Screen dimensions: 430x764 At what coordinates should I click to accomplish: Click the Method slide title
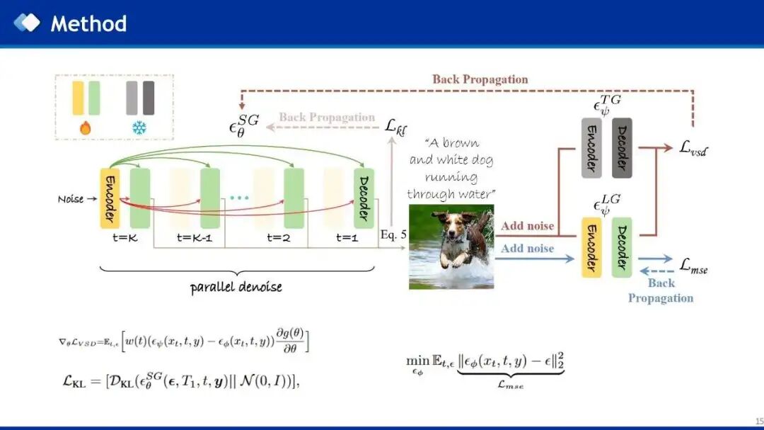click(x=88, y=23)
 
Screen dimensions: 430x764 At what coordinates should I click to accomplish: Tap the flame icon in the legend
click(x=86, y=128)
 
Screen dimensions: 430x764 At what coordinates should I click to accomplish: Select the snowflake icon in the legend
click(x=139, y=128)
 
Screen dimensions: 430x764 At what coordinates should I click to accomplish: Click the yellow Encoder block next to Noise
click(x=110, y=198)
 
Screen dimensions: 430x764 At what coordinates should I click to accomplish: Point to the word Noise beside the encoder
click(x=71, y=199)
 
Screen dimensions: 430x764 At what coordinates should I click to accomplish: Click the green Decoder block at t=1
click(x=364, y=198)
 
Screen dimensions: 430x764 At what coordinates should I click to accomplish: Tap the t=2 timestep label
click(x=278, y=238)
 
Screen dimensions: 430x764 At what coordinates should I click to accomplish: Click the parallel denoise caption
click(x=236, y=288)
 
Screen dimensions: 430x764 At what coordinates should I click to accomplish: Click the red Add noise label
click(x=527, y=226)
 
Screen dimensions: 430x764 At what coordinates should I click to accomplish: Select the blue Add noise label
click(x=527, y=249)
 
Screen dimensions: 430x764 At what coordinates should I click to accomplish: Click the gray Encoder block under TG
click(x=591, y=148)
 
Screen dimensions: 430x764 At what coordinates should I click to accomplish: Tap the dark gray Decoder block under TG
click(x=622, y=148)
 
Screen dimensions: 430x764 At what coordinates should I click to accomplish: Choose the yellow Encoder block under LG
click(x=591, y=247)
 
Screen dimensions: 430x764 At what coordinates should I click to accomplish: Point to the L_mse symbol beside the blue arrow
click(x=693, y=266)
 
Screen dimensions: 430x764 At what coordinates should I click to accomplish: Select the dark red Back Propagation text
click(x=480, y=79)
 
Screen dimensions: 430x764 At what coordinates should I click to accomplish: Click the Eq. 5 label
click(x=393, y=234)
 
